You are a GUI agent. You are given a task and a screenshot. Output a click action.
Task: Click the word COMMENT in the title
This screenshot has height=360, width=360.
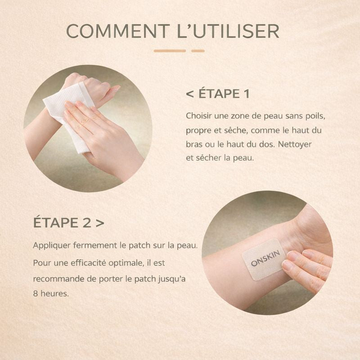click(x=118, y=31)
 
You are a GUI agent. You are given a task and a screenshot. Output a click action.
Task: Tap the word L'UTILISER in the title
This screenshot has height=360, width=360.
click(x=228, y=31)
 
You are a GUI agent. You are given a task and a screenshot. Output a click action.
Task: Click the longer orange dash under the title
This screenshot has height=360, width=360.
click(x=170, y=51)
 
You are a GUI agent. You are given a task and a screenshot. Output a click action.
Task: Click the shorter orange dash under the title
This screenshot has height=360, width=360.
click(x=198, y=51)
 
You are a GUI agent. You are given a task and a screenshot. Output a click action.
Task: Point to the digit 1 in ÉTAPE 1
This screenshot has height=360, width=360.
click(x=246, y=94)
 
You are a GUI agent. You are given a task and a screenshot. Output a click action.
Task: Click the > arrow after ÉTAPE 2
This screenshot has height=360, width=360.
click(x=100, y=223)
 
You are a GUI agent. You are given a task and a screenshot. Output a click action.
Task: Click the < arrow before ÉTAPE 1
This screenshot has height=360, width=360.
click(x=190, y=94)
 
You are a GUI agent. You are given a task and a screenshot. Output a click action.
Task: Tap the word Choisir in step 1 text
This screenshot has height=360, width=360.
click(x=198, y=116)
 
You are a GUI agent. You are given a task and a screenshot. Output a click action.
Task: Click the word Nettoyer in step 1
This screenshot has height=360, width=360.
click(x=295, y=144)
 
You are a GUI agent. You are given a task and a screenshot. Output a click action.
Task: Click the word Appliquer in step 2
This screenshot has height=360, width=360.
click(x=52, y=245)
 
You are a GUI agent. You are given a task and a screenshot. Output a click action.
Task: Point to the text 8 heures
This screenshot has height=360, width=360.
click(x=51, y=293)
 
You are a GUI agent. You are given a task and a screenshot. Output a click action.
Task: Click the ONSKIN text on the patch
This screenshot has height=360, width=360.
click(x=265, y=258)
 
